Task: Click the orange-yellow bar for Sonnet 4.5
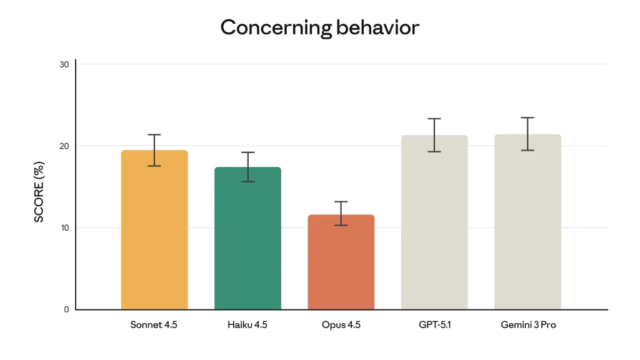[x=154, y=237]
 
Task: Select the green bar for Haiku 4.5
[x=247, y=244]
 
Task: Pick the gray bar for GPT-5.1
[x=434, y=231]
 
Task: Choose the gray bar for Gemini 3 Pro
[x=527, y=231]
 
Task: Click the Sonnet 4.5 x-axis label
[x=154, y=325]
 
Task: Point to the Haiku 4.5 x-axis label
[x=247, y=325]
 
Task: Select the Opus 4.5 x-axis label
[x=341, y=325]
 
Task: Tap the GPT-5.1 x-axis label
[x=434, y=325]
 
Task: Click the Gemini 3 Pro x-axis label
[x=528, y=325]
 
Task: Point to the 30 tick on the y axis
[x=64, y=64]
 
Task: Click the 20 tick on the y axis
[x=64, y=146]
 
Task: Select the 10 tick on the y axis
[x=64, y=227]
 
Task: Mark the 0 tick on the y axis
[x=67, y=309]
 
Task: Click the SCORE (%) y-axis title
[x=39, y=192]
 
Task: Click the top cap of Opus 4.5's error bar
[x=341, y=202]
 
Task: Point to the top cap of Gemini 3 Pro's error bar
[x=527, y=117]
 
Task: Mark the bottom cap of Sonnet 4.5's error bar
[x=154, y=166]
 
